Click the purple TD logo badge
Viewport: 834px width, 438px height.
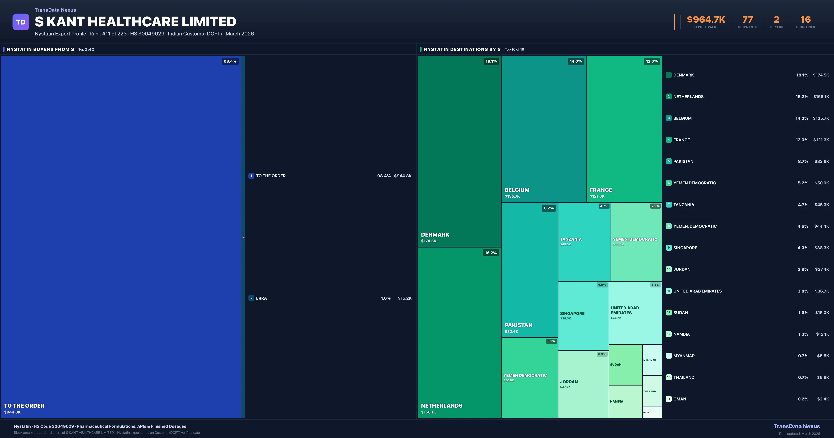pyautogui.click(x=21, y=22)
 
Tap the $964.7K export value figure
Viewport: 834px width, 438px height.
pyautogui.click(x=706, y=20)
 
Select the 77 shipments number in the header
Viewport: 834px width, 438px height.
pyautogui.click(x=747, y=20)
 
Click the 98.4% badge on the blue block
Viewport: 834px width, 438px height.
pyautogui.click(x=230, y=61)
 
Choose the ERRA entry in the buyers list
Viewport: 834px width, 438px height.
pyautogui.click(x=261, y=298)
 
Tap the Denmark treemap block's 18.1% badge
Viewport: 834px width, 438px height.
pyautogui.click(x=491, y=61)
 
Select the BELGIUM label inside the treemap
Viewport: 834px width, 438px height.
pyautogui.click(x=517, y=190)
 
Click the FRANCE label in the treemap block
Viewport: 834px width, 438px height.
pyautogui.click(x=601, y=190)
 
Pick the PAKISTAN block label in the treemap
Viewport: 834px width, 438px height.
pyautogui.click(x=518, y=325)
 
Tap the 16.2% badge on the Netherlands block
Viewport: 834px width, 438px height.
pyautogui.click(x=490, y=253)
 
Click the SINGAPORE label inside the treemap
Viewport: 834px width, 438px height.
pyautogui.click(x=572, y=313)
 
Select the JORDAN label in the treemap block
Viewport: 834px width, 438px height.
pyautogui.click(x=569, y=382)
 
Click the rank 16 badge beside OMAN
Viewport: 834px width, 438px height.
pyautogui.click(x=669, y=399)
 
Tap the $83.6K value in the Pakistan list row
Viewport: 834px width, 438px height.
pyautogui.click(x=822, y=161)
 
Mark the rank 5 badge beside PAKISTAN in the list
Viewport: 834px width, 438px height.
pyautogui.click(x=669, y=161)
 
